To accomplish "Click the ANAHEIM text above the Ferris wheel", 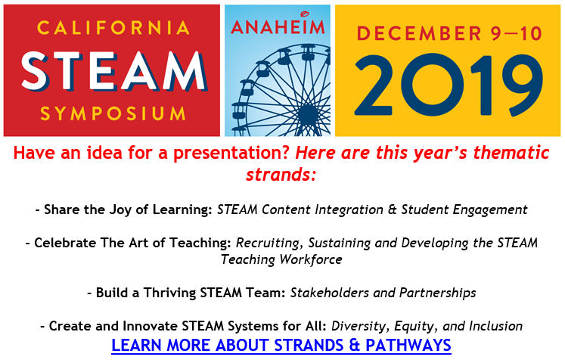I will point(278,26).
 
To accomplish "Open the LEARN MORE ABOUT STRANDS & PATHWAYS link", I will point(281,345).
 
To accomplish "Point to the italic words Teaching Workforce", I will point(281,259).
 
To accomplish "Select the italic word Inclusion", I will point(495,326).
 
